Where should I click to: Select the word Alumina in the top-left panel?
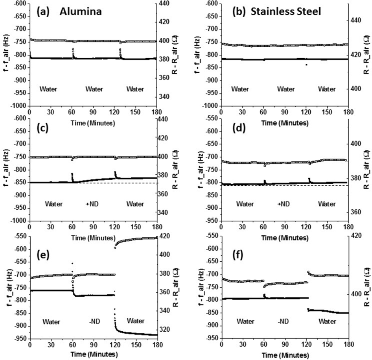(81, 12)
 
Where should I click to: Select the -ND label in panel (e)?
(93, 321)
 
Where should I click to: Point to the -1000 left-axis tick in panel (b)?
(210, 106)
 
